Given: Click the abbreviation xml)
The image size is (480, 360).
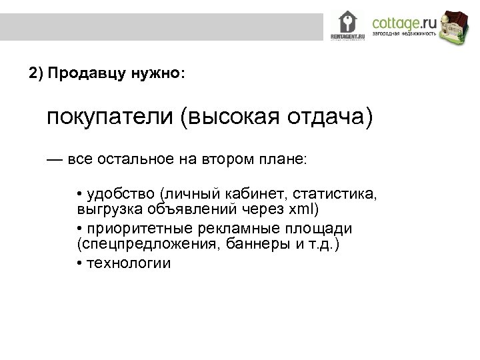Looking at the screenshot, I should (x=303, y=211).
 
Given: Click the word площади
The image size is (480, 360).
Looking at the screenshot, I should (x=323, y=229).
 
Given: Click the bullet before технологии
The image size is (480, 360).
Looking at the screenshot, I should (x=80, y=263).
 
